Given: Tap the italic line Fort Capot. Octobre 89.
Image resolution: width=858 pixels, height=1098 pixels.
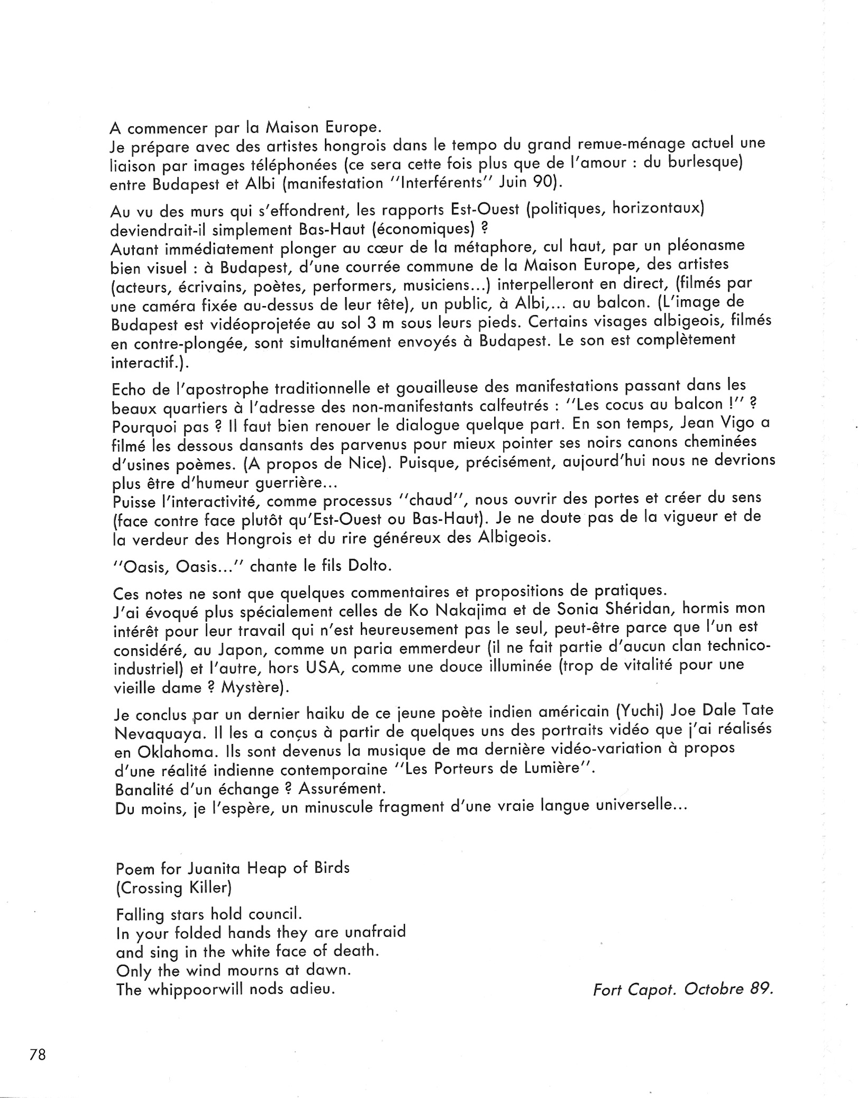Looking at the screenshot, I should pyautogui.click(x=682, y=989).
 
